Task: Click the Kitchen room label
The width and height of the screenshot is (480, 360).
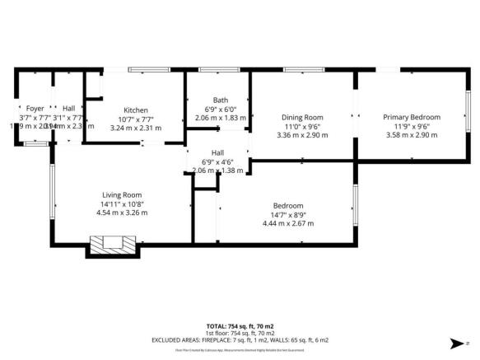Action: point(135,110)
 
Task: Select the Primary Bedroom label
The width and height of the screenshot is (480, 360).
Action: point(411,117)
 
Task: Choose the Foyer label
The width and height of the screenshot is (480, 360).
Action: point(35,108)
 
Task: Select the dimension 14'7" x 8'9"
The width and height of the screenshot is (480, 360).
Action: point(288,214)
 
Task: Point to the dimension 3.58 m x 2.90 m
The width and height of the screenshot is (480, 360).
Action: point(411,135)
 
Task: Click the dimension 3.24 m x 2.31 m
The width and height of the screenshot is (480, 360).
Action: point(136,128)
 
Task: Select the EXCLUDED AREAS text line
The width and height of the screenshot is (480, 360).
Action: point(239,339)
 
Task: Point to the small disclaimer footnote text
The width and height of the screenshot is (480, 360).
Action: point(239,349)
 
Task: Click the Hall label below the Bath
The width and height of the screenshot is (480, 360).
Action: point(218,152)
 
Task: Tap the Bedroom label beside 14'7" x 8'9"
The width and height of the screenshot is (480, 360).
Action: point(288,205)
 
